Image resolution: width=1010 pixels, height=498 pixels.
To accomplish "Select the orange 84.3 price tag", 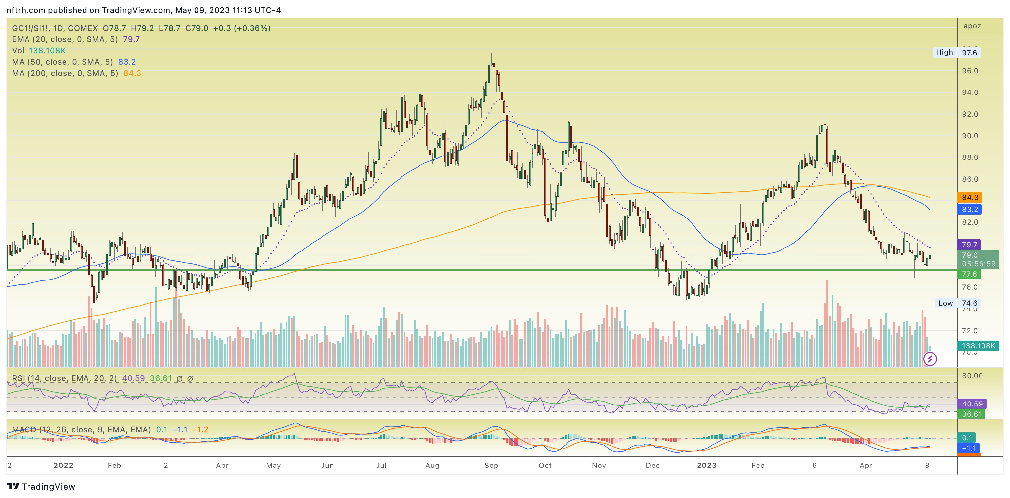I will [x=969, y=197].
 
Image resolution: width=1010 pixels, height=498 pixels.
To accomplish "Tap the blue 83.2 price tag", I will [x=969, y=209].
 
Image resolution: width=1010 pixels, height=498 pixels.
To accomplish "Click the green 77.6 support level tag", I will [x=969, y=274].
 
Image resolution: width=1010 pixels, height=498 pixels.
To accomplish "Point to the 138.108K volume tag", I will [x=978, y=346].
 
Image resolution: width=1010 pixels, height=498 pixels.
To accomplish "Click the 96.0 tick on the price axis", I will [x=970, y=71].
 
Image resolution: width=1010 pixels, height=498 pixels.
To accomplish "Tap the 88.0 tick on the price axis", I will [x=970, y=157].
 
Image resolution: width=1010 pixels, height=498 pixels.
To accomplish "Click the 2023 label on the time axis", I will [x=706, y=465].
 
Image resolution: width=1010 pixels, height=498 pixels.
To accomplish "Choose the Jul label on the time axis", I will [x=381, y=465].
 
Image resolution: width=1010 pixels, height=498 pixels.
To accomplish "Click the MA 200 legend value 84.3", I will [x=132, y=73].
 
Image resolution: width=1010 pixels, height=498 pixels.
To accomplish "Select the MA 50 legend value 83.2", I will [x=127, y=62].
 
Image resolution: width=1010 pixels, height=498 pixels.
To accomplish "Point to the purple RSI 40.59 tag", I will [x=972, y=404].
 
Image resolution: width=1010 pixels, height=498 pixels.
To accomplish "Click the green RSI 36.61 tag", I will [x=972, y=414].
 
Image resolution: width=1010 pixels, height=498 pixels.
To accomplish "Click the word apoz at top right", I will [x=972, y=26].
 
